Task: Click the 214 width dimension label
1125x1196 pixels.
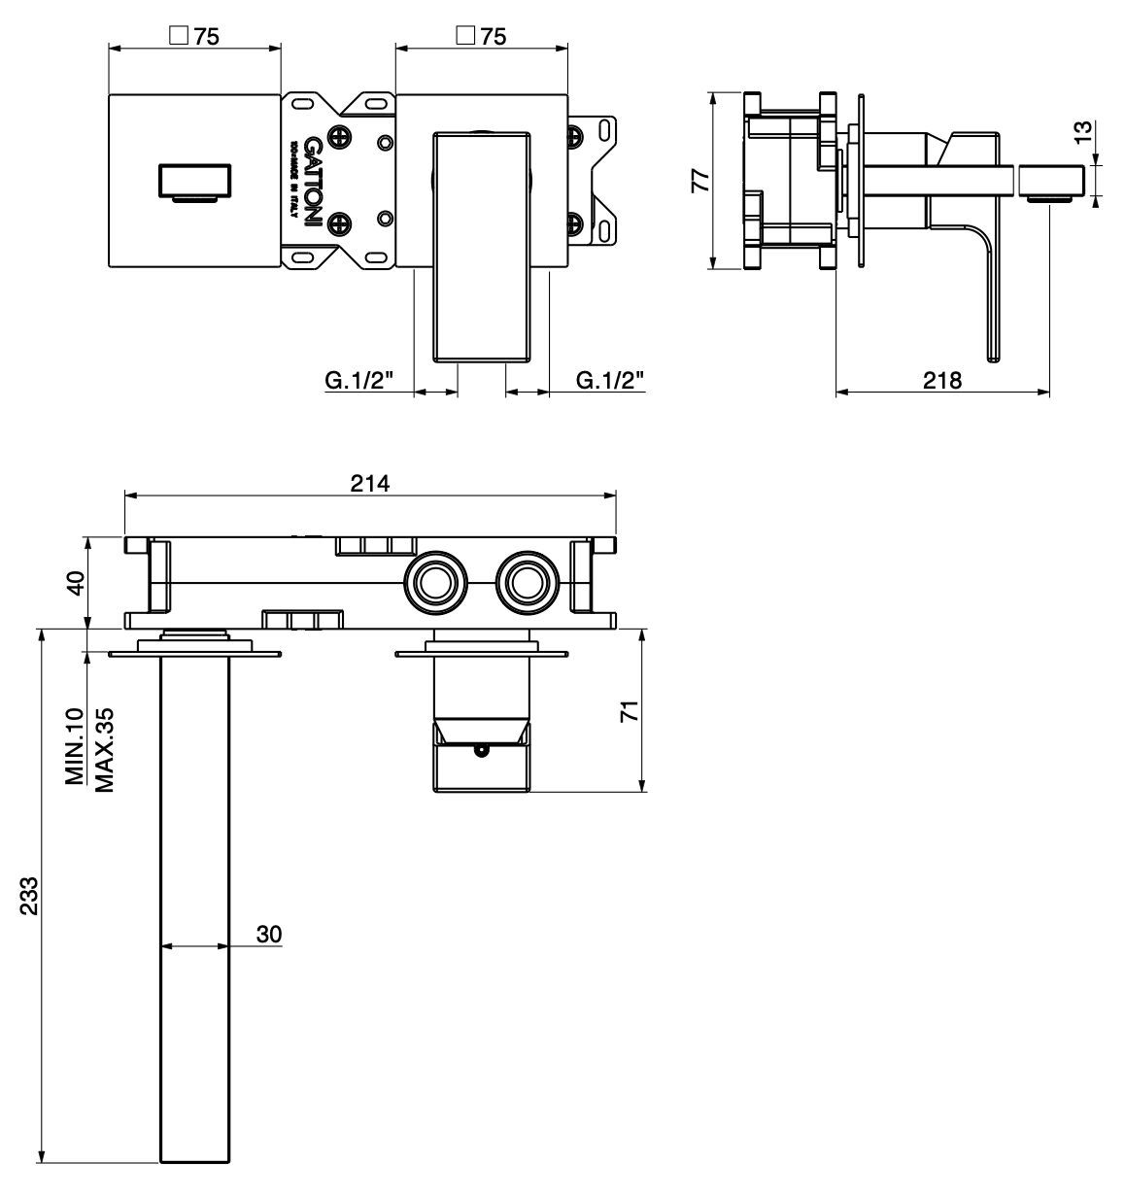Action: tap(370, 483)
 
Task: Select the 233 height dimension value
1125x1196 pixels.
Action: tap(29, 896)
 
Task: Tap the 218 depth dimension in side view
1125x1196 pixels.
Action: tap(941, 380)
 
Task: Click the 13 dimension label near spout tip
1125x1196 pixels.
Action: tap(1084, 131)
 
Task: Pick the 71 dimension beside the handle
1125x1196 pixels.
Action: tap(631, 711)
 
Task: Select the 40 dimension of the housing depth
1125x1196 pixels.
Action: tap(77, 583)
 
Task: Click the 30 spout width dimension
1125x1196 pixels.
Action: tap(269, 934)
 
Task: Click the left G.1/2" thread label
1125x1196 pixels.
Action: tap(358, 380)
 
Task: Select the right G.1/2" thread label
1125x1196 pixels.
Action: tap(610, 380)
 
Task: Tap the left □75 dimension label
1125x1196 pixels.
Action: tap(194, 36)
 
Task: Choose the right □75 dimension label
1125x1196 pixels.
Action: tap(481, 36)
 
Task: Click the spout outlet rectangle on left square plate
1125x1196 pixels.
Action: tap(194, 181)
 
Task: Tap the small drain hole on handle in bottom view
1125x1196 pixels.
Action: tap(478, 749)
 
